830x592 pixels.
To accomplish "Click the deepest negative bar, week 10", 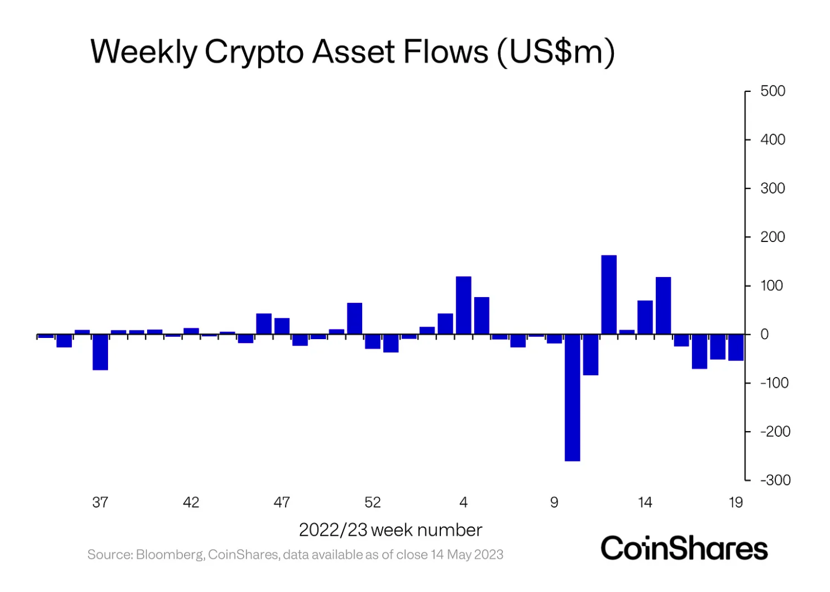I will tap(572, 397).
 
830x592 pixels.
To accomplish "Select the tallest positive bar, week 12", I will tap(609, 294).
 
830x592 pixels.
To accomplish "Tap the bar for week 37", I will tap(101, 352).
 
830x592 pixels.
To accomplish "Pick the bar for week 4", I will tap(463, 305).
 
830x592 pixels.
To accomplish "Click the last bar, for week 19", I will tap(736, 347).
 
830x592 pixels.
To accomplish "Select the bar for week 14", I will tap(645, 317).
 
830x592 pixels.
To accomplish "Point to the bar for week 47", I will tap(282, 326).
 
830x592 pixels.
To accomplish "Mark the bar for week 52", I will tap(372, 341).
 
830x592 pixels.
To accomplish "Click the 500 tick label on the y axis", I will tap(773, 91).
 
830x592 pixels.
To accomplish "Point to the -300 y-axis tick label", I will tap(775, 480).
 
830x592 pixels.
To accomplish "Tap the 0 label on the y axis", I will tap(764, 335).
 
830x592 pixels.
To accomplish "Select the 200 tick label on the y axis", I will tap(773, 237).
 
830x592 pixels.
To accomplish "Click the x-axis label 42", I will tap(191, 502).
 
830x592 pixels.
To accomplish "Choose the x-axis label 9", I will tap(554, 502).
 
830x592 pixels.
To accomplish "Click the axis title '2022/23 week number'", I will tap(390, 530).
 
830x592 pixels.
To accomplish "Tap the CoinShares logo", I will tap(684, 548).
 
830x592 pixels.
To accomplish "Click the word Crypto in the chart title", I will tap(254, 53).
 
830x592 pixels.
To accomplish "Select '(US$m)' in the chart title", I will tap(556, 53).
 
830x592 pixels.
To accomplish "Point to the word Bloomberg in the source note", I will tap(170, 555).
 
